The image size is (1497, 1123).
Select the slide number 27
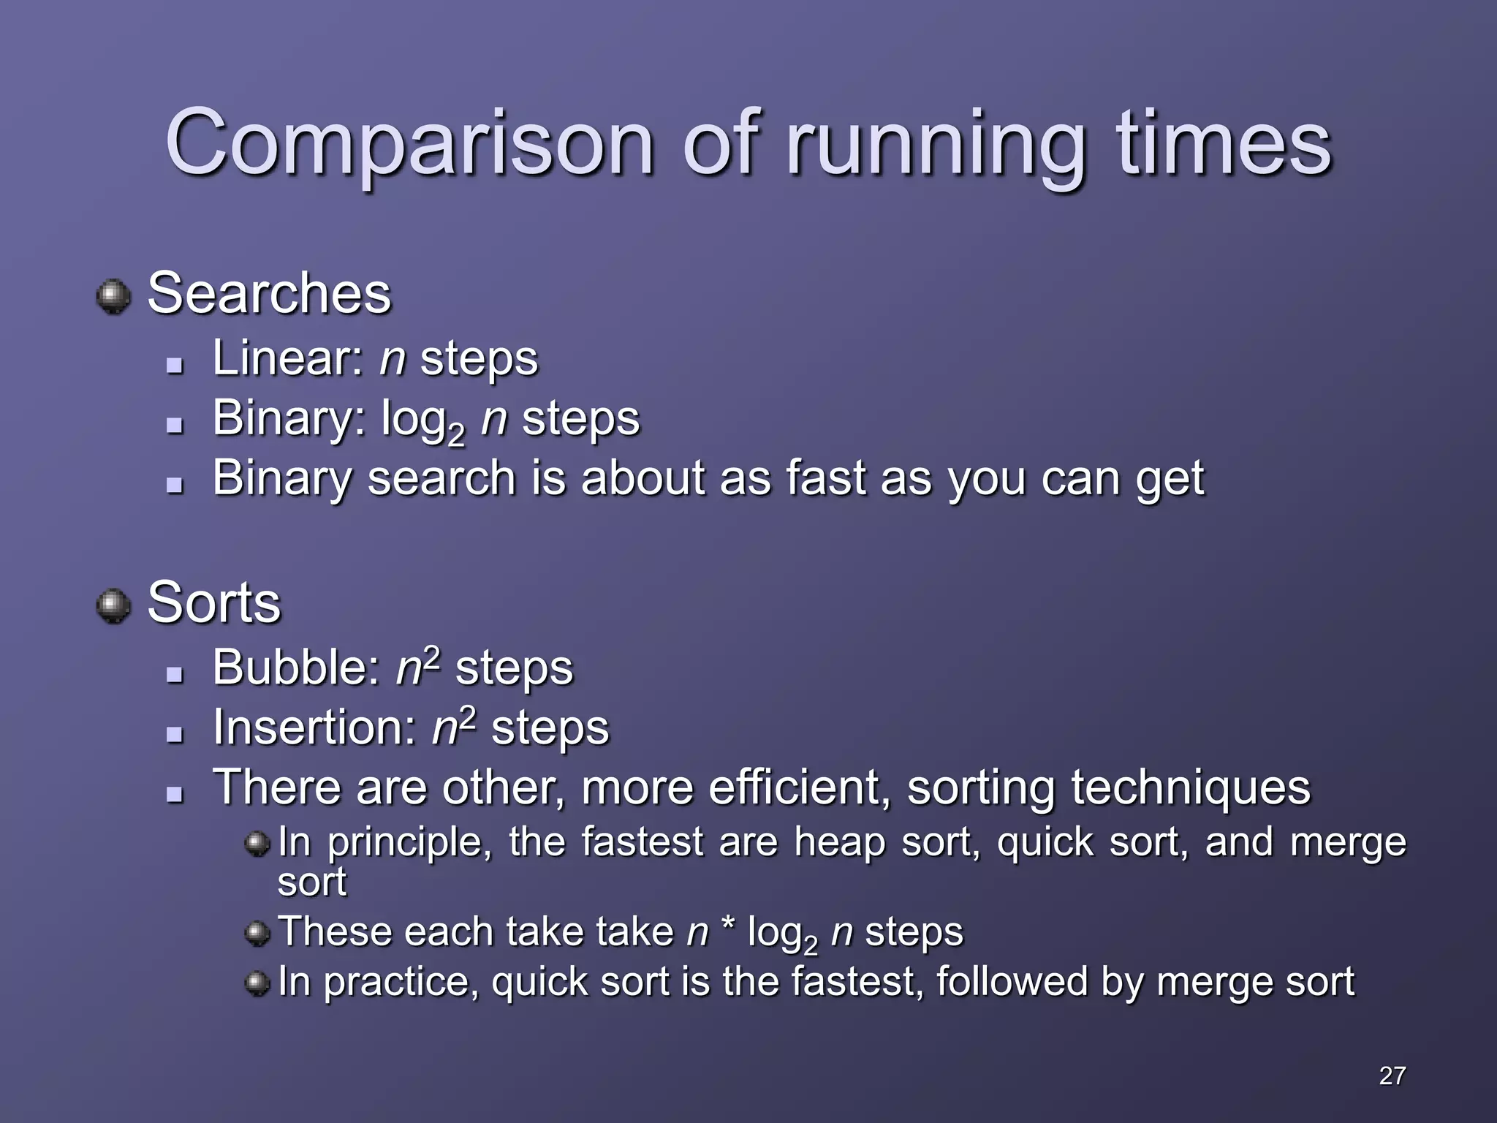1392,1075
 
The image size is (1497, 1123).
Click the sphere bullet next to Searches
114,297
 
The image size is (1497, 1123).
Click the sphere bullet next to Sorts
114,606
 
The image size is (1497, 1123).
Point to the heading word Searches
269,294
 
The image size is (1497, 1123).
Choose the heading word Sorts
213,603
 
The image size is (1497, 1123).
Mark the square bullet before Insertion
174,733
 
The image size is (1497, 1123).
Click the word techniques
1191,789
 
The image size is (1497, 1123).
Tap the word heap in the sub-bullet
839,843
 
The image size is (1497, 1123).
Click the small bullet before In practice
257,983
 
